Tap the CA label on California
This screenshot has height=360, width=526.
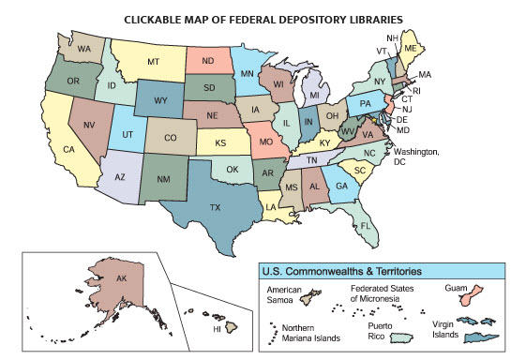point(68,149)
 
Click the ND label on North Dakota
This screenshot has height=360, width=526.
point(207,63)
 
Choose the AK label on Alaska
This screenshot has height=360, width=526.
point(121,279)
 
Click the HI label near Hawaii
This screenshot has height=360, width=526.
point(217,329)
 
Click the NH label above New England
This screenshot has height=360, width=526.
point(392,37)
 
